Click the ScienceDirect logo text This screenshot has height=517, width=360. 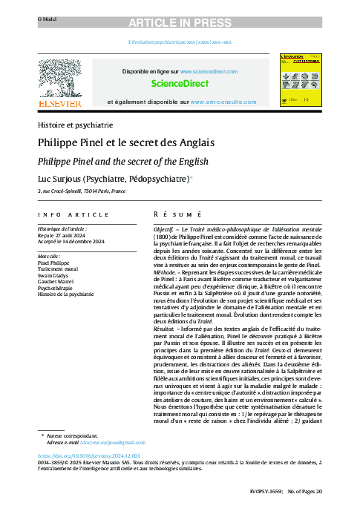click(x=180, y=84)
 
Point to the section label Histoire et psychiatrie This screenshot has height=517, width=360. click(x=75, y=125)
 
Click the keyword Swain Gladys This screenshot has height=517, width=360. click(x=56, y=274)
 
